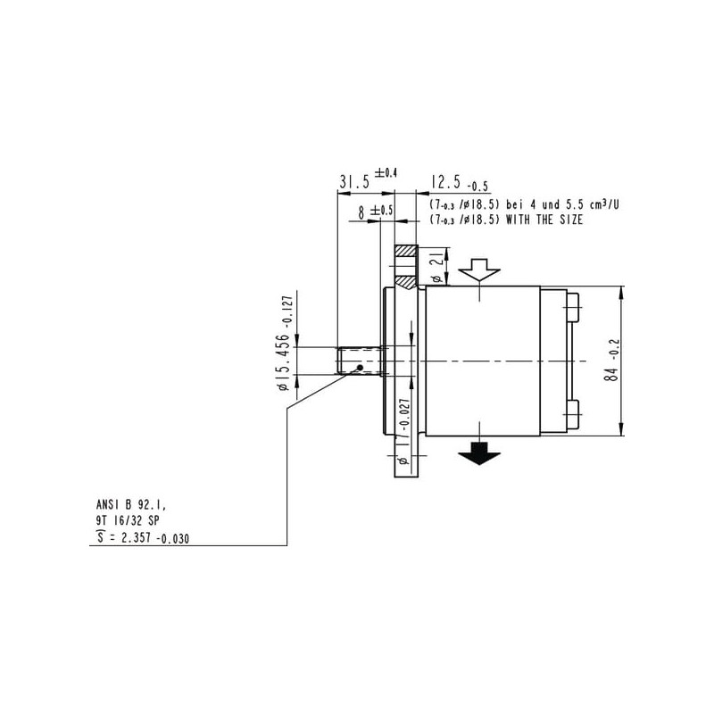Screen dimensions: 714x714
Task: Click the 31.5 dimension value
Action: pyautogui.click(x=354, y=182)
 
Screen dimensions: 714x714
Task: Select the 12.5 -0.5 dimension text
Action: pyautogui.click(x=460, y=183)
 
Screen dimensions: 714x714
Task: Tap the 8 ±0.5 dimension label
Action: pyautogui.click(x=375, y=212)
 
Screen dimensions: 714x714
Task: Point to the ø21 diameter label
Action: pyautogui.click(x=436, y=266)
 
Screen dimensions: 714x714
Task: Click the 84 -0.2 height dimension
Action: pyautogui.click(x=612, y=361)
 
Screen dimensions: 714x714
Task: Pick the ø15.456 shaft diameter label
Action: pyautogui.click(x=284, y=343)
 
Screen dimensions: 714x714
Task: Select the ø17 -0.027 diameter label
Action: pyautogui.click(x=404, y=431)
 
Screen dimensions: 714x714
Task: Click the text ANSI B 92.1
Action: pyautogui.click(x=131, y=504)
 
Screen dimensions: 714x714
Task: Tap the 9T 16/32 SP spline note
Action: pyautogui.click(x=128, y=520)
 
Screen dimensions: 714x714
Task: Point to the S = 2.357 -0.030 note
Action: pyautogui.click(x=143, y=538)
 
